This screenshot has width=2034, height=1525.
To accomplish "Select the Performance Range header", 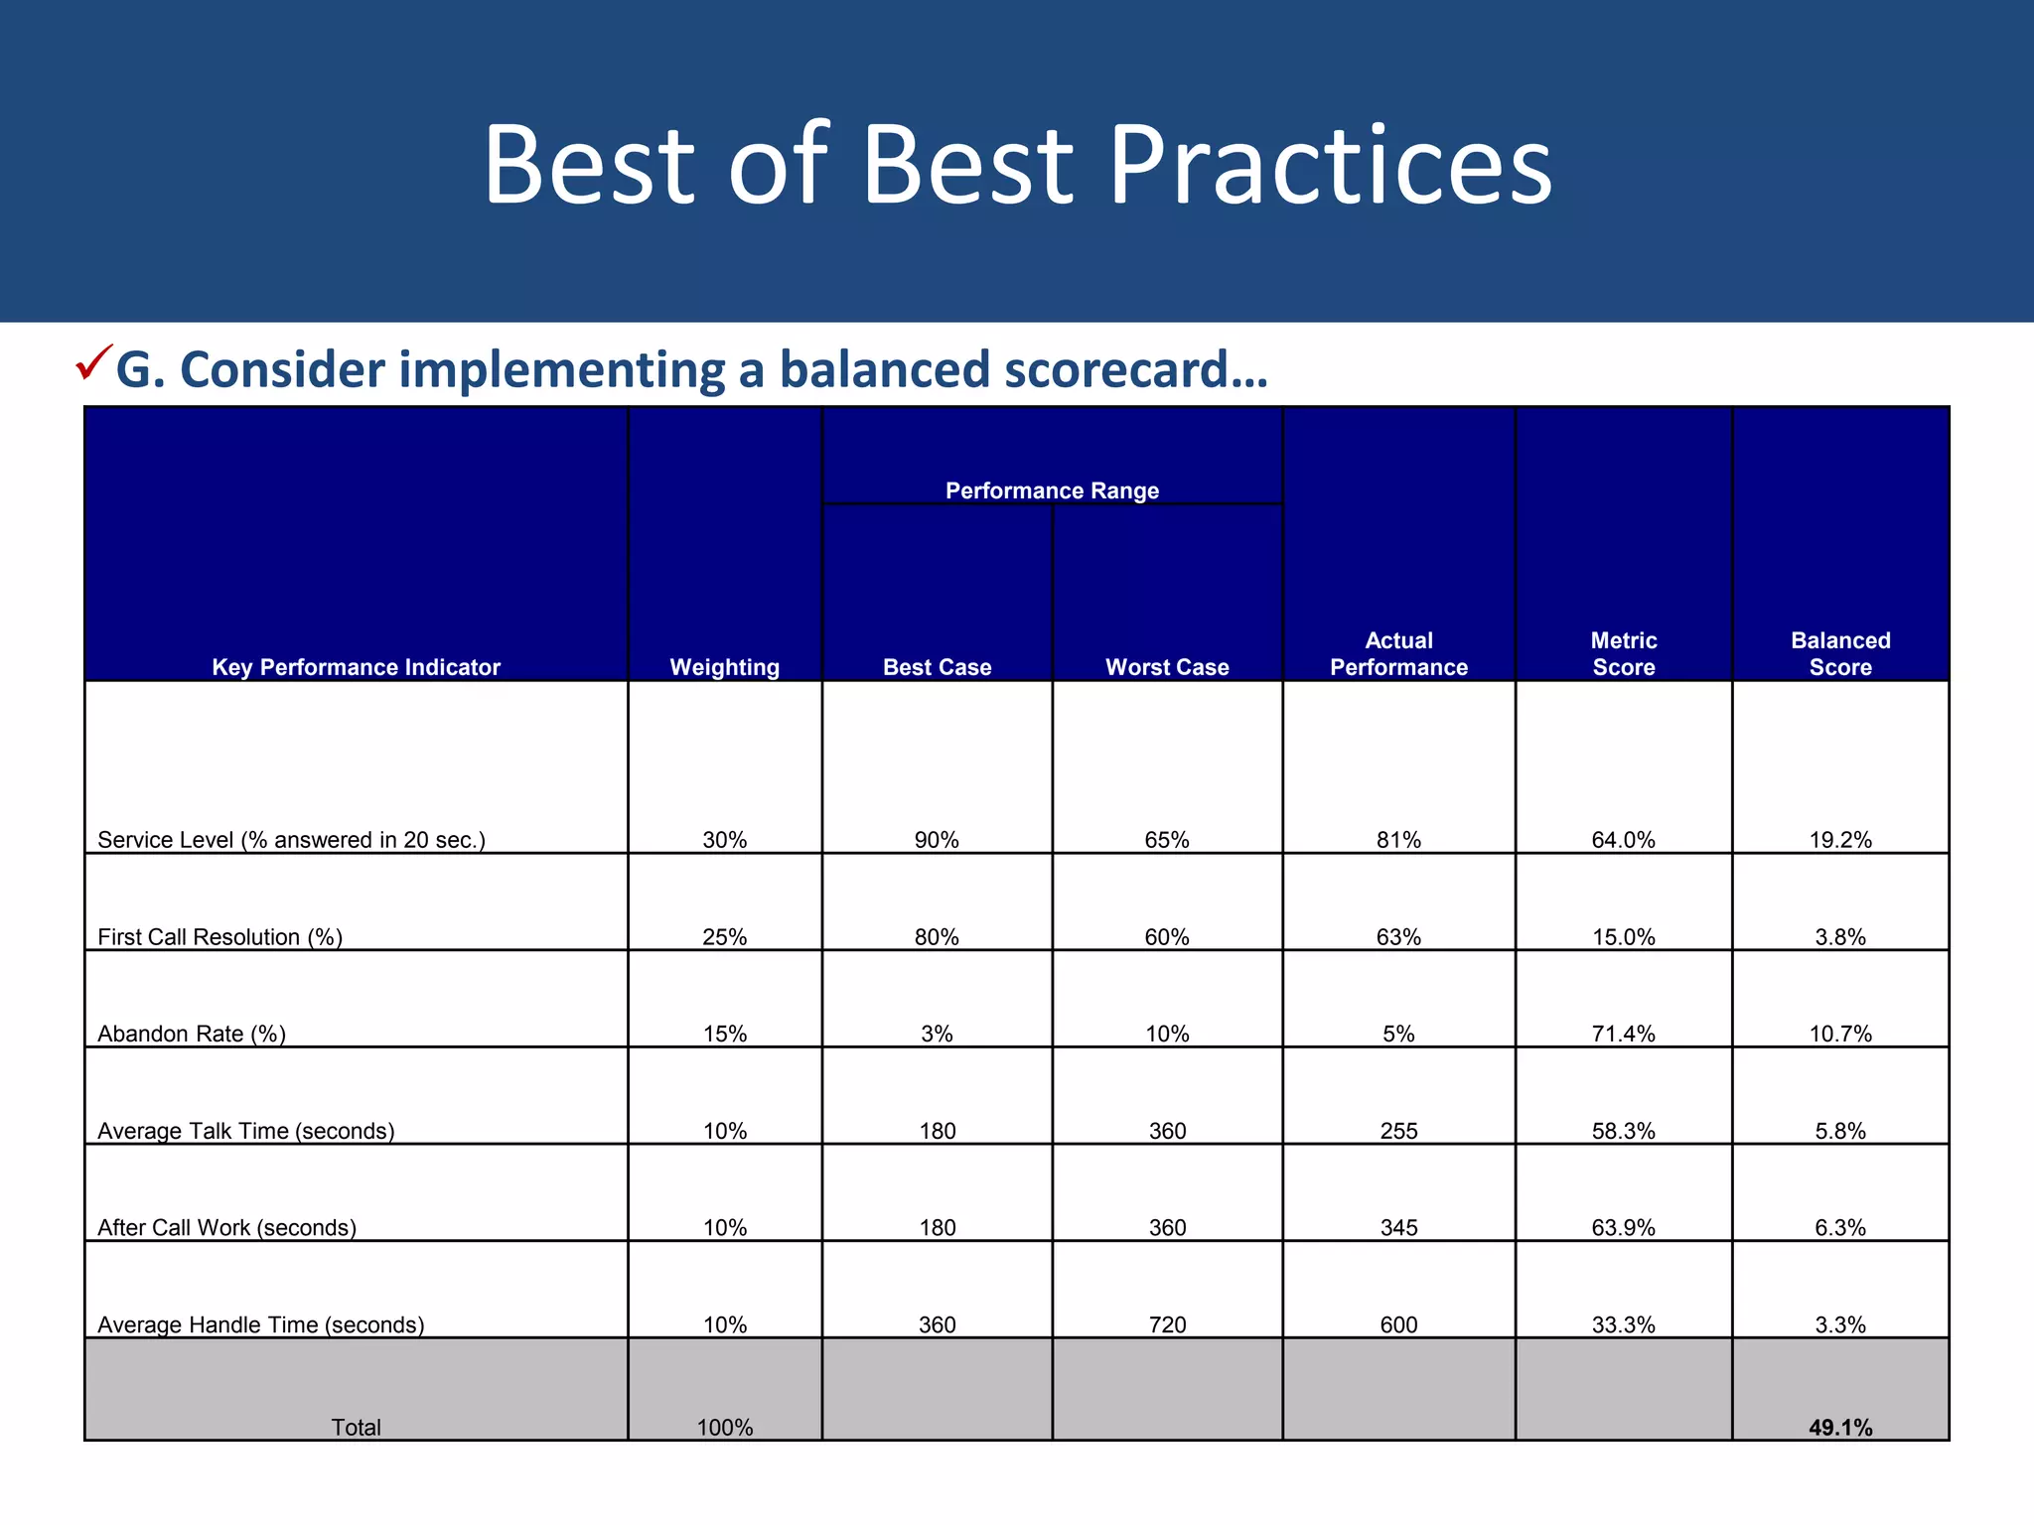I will (1052, 490).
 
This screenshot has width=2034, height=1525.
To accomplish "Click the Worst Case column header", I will (1167, 667).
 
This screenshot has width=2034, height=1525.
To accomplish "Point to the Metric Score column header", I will (1624, 653).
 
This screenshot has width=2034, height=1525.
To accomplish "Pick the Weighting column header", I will (725, 667).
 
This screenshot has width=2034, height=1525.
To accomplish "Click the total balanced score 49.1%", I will (1840, 1428).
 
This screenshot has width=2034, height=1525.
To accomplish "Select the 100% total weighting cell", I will (725, 1428).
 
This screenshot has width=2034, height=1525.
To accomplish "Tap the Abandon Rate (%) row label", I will (192, 1034).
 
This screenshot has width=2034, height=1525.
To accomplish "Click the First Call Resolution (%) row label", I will (219, 937).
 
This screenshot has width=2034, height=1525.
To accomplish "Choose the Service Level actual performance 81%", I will (1398, 840).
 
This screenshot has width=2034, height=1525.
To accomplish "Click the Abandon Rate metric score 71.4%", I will (1624, 1034).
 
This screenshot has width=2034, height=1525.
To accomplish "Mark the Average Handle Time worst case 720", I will (1167, 1324).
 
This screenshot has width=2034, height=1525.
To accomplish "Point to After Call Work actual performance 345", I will (1398, 1227).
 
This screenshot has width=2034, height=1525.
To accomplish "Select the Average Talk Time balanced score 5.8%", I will (1840, 1131).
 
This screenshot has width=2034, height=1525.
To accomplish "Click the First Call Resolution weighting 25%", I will (725, 937).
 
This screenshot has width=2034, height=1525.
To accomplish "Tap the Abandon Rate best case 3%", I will (937, 1034).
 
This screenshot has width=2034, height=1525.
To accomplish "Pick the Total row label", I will (356, 1428).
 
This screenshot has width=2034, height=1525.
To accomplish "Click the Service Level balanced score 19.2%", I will (1840, 840).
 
